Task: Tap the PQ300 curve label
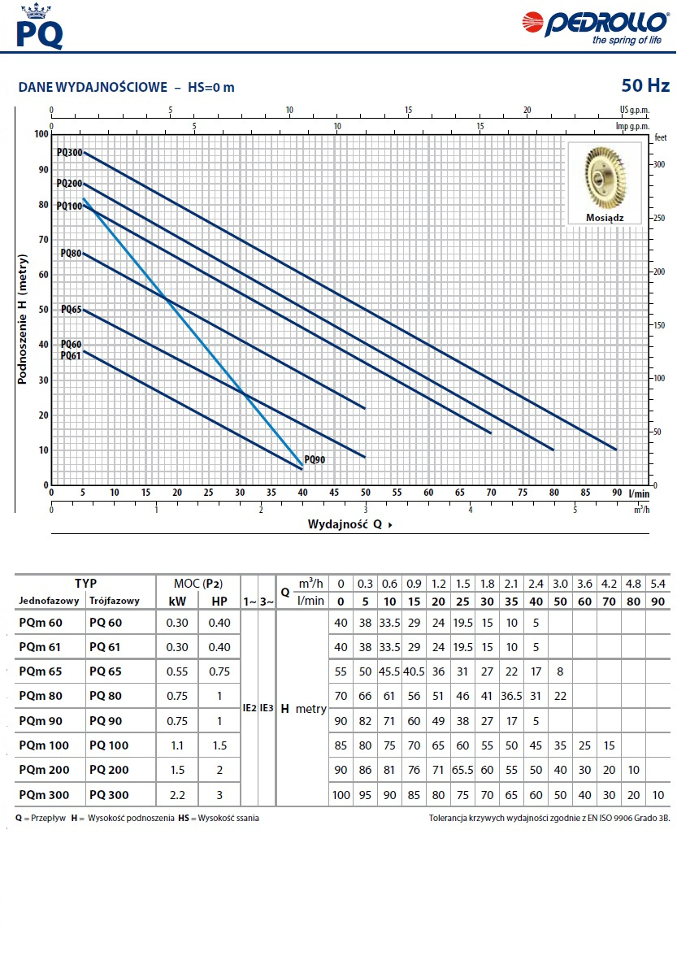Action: click(x=69, y=152)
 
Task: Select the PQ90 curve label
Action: click(x=315, y=460)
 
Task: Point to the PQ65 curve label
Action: click(x=72, y=310)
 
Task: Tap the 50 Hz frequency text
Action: click(x=645, y=85)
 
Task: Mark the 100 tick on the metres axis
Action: click(x=41, y=134)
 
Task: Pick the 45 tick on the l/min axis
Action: click(x=334, y=493)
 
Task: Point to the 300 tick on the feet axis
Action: click(x=660, y=163)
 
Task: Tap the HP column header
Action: click(x=219, y=601)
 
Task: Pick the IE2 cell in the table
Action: click(x=250, y=708)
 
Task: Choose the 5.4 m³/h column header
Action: click(x=658, y=584)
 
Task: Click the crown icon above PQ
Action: click(x=33, y=11)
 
